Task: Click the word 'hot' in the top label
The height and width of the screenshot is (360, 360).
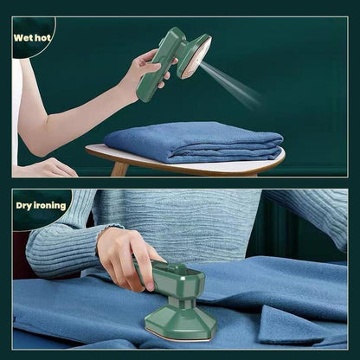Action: [x=44, y=38]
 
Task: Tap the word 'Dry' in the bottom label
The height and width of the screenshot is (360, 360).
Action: [x=26, y=205]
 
